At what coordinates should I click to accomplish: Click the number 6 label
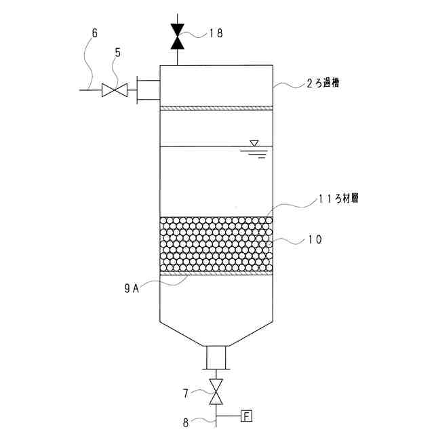[x=94, y=33]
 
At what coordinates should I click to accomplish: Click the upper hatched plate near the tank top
[x=216, y=107]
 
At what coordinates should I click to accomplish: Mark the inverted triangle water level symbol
[x=254, y=143]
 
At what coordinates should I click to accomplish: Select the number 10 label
[x=315, y=239]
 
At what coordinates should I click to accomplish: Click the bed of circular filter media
[x=216, y=244]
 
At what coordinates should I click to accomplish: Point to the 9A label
[x=132, y=288]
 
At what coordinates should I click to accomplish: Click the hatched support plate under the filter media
[x=216, y=274]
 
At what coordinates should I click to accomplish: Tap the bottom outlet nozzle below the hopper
[x=216, y=357]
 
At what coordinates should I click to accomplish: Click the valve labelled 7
[x=216, y=392]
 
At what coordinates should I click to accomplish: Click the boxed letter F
[x=247, y=415]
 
